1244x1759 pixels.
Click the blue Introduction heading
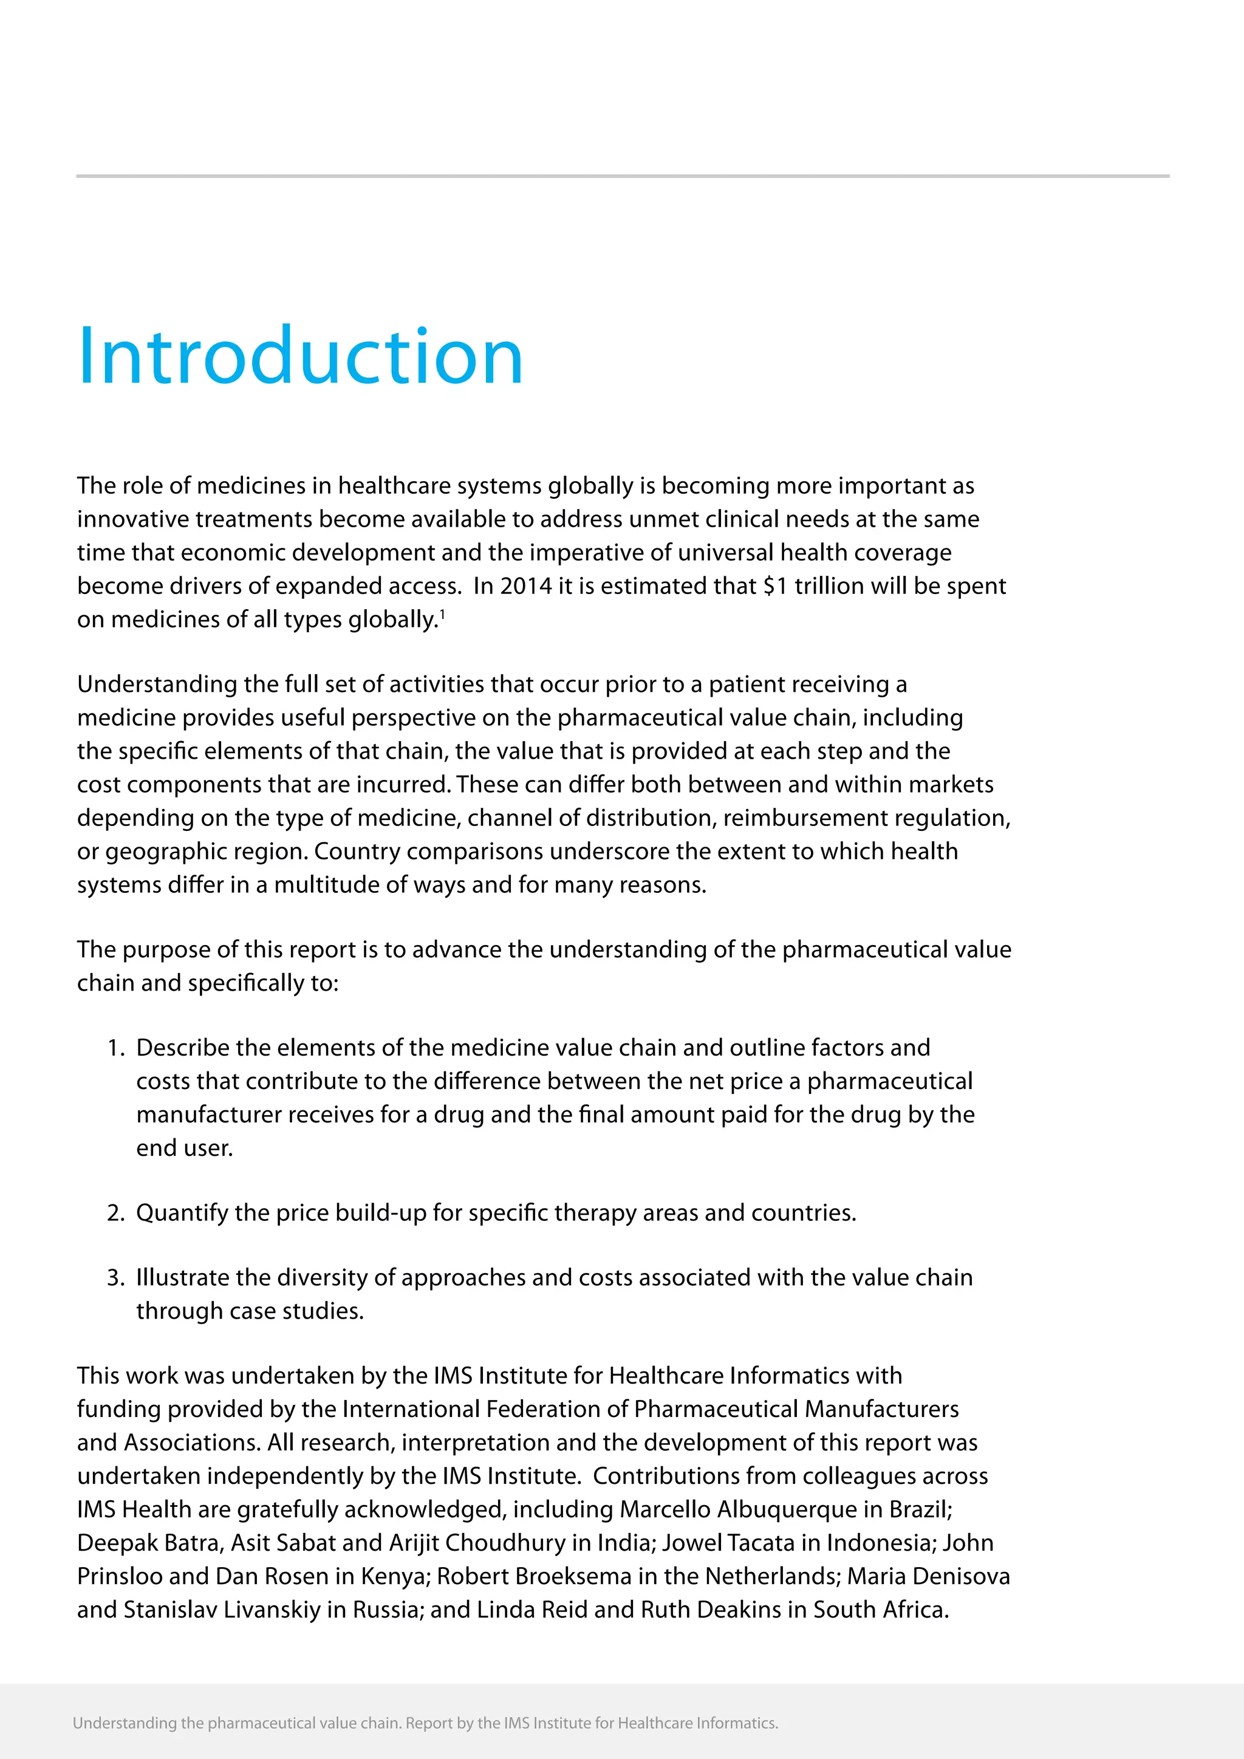click(x=300, y=357)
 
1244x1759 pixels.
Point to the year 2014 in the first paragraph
click(x=525, y=586)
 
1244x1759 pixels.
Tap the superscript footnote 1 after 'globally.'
click(x=443, y=613)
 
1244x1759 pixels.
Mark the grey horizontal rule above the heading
click(x=622, y=176)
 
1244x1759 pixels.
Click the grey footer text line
click(x=425, y=1724)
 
